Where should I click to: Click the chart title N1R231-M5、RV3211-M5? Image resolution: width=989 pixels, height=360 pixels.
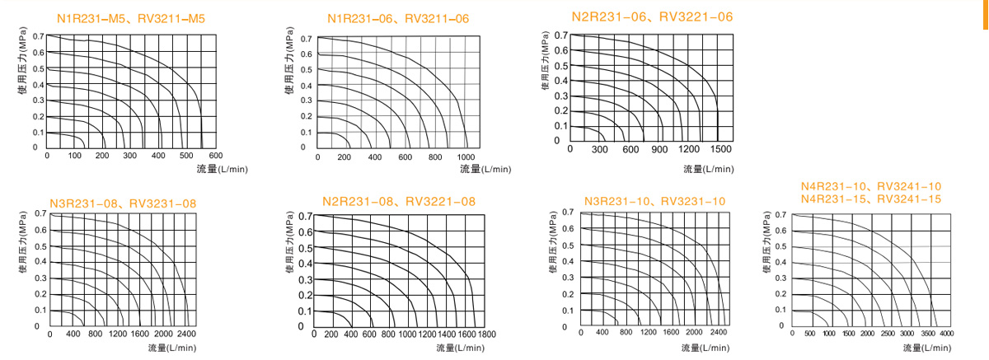click(x=130, y=18)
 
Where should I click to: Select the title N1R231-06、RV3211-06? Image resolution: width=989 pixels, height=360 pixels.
click(x=400, y=18)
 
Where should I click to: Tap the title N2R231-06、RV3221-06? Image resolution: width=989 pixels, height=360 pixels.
click(x=652, y=16)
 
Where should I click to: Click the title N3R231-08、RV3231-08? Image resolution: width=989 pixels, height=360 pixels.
click(x=123, y=203)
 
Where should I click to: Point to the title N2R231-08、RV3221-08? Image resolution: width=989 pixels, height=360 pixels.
click(x=399, y=201)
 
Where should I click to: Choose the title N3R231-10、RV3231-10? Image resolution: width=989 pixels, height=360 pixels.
click(x=654, y=201)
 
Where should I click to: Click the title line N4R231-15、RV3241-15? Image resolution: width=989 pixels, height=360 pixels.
click(x=871, y=199)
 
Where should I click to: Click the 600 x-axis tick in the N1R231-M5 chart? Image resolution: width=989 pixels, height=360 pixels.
click(x=215, y=156)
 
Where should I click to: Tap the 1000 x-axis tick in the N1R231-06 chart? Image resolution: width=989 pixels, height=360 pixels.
click(x=466, y=157)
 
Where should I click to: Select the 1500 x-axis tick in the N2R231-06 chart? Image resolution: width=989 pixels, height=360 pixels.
click(x=719, y=149)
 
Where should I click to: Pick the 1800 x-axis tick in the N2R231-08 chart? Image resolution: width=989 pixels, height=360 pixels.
click(x=486, y=334)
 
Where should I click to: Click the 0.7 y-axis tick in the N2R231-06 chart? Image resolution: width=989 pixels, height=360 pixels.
click(x=560, y=35)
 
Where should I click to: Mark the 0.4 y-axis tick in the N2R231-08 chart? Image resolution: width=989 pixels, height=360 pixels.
click(x=304, y=264)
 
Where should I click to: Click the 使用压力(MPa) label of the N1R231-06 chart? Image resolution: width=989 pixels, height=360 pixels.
click(x=289, y=63)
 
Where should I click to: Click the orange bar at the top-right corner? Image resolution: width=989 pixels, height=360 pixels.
click(x=985, y=14)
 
